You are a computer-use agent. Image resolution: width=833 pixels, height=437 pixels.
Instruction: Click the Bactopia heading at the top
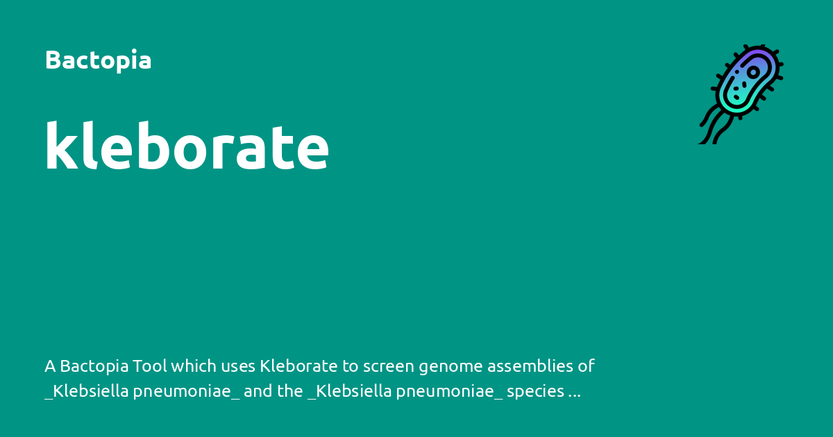(98, 60)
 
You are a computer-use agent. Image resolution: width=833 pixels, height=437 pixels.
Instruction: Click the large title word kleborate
(187, 146)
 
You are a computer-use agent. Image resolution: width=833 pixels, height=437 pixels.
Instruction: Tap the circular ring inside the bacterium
(753, 72)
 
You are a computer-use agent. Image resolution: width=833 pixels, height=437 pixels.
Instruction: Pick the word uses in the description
(237, 366)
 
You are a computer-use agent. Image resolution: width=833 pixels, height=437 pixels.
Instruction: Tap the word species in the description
(535, 392)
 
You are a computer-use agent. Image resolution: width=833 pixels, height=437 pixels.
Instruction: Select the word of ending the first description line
(587, 366)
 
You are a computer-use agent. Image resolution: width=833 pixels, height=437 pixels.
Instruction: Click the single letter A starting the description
(49, 366)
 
